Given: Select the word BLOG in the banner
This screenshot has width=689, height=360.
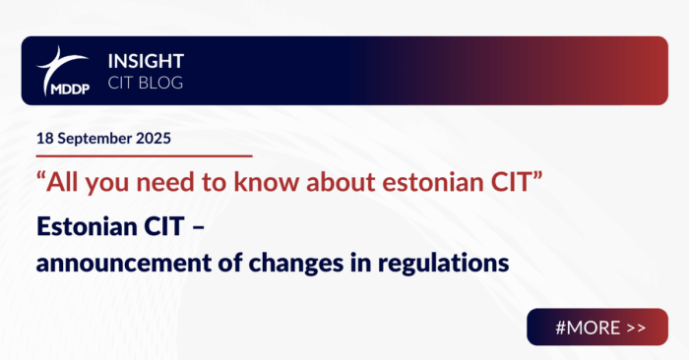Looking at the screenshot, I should [x=162, y=83].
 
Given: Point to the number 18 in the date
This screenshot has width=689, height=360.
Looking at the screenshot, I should [x=44, y=138].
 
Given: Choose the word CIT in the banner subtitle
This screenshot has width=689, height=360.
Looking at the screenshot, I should [x=129, y=83].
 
